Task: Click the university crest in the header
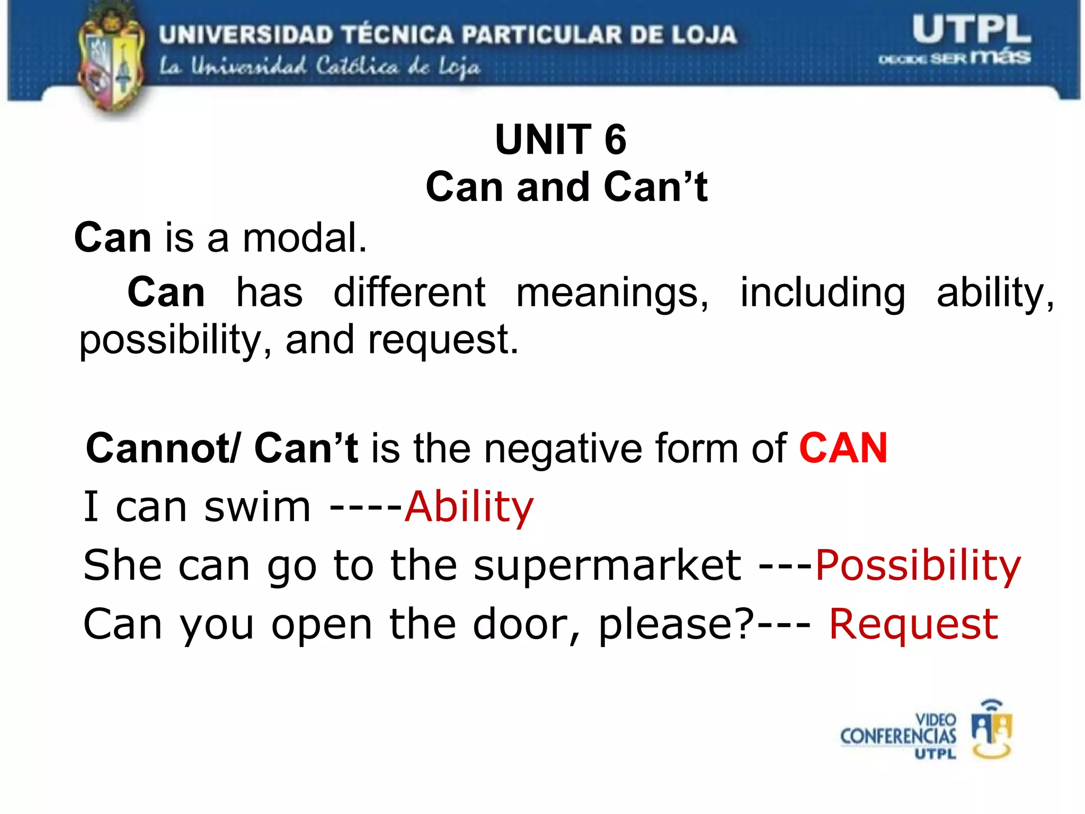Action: point(111,61)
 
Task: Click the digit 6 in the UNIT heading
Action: point(615,139)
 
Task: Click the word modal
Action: point(304,238)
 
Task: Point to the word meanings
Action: point(611,293)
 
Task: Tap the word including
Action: point(823,293)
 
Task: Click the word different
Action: point(409,293)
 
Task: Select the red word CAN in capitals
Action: point(843,448)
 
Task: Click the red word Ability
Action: point(469,507)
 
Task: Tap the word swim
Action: point(257,507)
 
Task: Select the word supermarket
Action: point(607,566)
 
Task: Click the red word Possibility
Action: point(918,566)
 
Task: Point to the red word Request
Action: point(913,625)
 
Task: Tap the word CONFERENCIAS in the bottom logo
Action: point(898,737)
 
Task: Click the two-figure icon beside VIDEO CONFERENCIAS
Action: point(991,730)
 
